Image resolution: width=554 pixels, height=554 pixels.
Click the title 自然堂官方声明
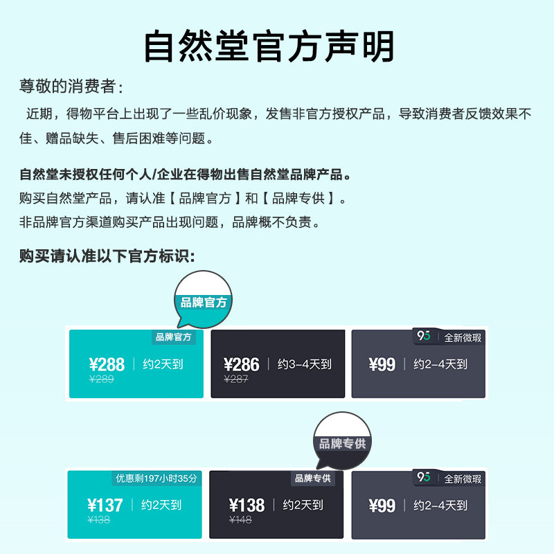pyautogui.click(x=269, y=47)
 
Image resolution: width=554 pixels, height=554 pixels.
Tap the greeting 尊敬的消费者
pyautogui.click(x=71, y=87)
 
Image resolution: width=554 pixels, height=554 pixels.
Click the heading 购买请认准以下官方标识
pyautogui.click(x=107, y=256)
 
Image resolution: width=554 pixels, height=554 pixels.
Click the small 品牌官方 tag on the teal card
pyautogui.click(x=174, y=337)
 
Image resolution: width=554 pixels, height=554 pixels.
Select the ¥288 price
pyautogui.click(x=107, y=365)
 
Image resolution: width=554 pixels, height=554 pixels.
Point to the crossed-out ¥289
pyautogui.click(x=102, y=379)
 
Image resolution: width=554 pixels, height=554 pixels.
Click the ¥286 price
pyautogui.click(x=242, y=365)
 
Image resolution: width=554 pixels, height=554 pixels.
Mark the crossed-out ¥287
pyautogui.click(x=236, y=379)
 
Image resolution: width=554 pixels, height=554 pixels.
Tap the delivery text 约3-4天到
pyautogui.click(x=304, y=364)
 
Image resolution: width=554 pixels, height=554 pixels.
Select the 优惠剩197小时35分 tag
pyautogui.click(x=157, y=478)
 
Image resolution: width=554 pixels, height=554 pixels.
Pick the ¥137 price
pyautogui.click(x=105, y=506)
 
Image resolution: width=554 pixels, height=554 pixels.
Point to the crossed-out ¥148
pyautogui.click(x=240, y=520)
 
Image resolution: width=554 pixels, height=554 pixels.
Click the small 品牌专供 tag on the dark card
pyautogui.click(x=313, y=478)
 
